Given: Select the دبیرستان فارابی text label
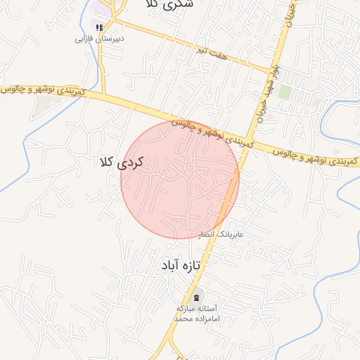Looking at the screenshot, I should [99, 39].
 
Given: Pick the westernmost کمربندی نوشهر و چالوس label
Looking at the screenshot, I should [43, 91].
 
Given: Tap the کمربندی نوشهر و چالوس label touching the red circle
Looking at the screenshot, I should [211, 131].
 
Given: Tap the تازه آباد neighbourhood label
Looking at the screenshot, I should [179, 266].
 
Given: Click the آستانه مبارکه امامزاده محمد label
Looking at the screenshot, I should [198, 314].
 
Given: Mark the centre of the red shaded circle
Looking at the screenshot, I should [180, 180].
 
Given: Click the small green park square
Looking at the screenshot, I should [284, 92].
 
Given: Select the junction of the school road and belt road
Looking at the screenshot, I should [104, 94].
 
